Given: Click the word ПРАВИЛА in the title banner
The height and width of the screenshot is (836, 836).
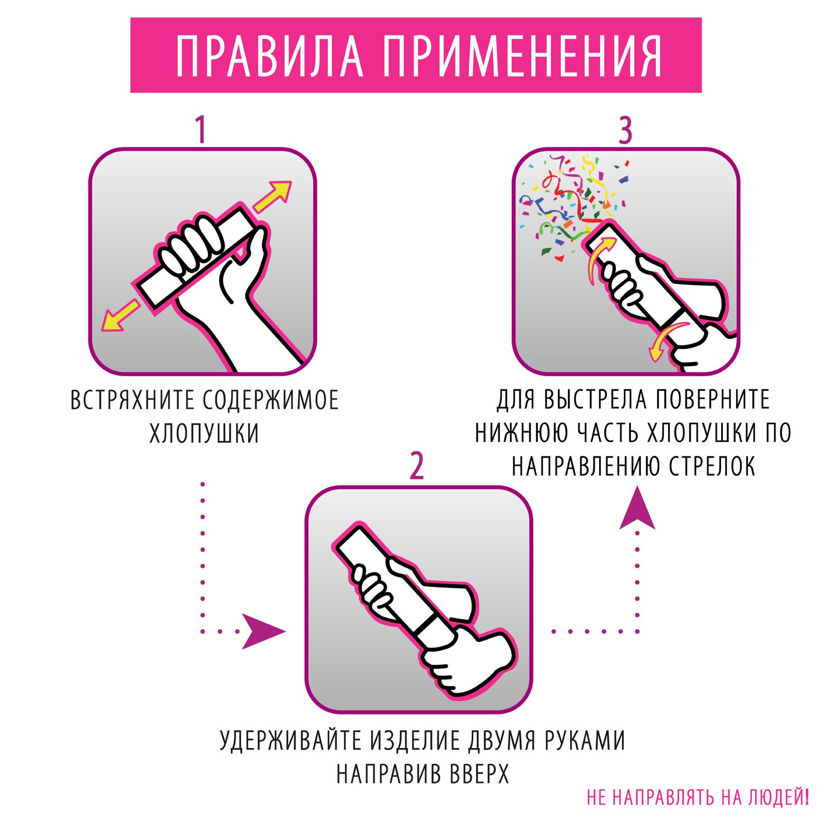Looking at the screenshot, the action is coord(270,56).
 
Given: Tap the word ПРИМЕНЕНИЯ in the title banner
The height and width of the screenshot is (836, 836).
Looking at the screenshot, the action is coord(523,56).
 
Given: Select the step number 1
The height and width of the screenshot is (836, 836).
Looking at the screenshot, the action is coord(201,130).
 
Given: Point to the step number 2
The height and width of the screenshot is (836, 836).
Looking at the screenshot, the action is coord(417,466).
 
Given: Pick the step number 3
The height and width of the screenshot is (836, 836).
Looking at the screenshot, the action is coord(626,130).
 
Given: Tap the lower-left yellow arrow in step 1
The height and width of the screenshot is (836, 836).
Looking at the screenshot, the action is coord(120,316).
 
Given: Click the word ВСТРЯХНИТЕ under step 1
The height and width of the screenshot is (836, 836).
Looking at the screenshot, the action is coord(132,400).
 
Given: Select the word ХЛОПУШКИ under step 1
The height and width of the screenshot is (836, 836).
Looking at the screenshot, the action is coord(205,434).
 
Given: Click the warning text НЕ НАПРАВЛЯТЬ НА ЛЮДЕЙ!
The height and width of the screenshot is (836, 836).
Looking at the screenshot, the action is coord(698,798).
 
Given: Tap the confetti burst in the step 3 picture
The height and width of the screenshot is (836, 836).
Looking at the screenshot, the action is coord(574,203).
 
